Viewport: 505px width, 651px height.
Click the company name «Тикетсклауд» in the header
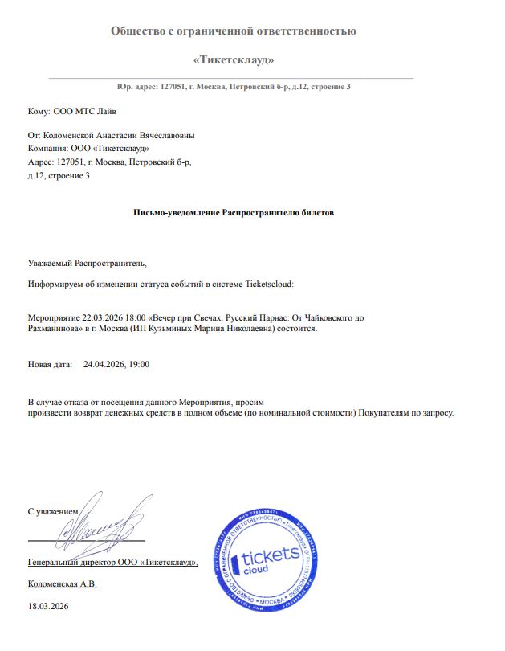tap(233, 59)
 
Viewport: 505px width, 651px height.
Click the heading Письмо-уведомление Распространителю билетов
tap(233, 213)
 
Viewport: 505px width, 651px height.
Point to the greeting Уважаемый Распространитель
tap(88, 263)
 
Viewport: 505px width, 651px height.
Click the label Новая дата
tap(47, 364)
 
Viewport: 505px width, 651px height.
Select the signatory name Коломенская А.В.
tap(62, 583)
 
